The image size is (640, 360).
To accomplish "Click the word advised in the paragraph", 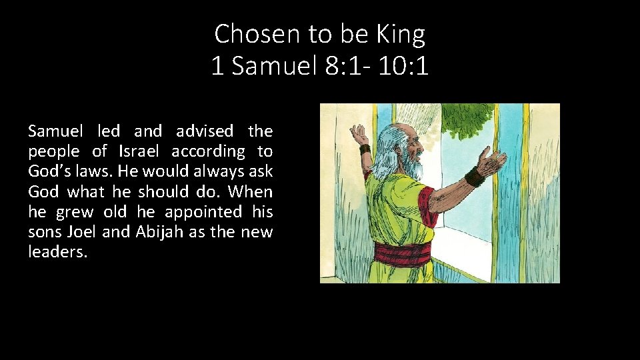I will tap(205, 131).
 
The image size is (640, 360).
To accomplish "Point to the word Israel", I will tap(141, 151).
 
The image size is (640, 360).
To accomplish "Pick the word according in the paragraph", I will tap(208, 151).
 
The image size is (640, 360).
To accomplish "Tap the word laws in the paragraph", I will tap(95, 171).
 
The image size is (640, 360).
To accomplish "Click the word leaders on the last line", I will tap(57, 252).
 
